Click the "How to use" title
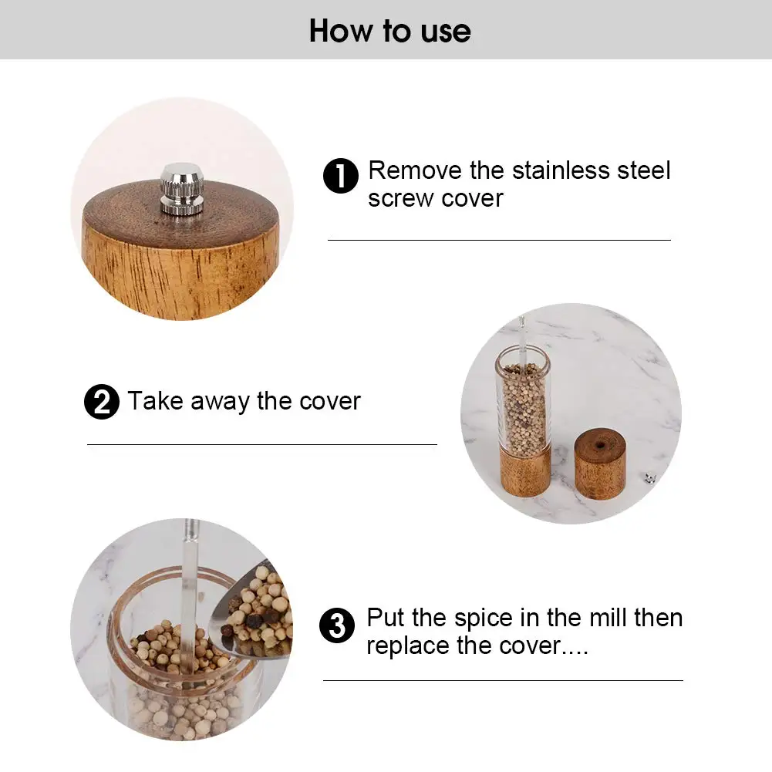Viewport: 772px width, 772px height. pyautogui.click(x=389, y=31)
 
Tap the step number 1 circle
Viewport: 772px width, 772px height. pyautogui.click(x=340, y=177)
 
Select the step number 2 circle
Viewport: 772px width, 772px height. pyautogui.click(x=101, y=403)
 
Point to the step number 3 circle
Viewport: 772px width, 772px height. pyautogui.click(x=337, y=625)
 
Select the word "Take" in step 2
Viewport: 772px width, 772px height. pyautogui.click(x=155, y=402)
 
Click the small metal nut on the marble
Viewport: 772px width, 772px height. pyautogui.click(x=649, y=479)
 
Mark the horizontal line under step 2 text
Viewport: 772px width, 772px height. pyautogui.click(x=261, y=444)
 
